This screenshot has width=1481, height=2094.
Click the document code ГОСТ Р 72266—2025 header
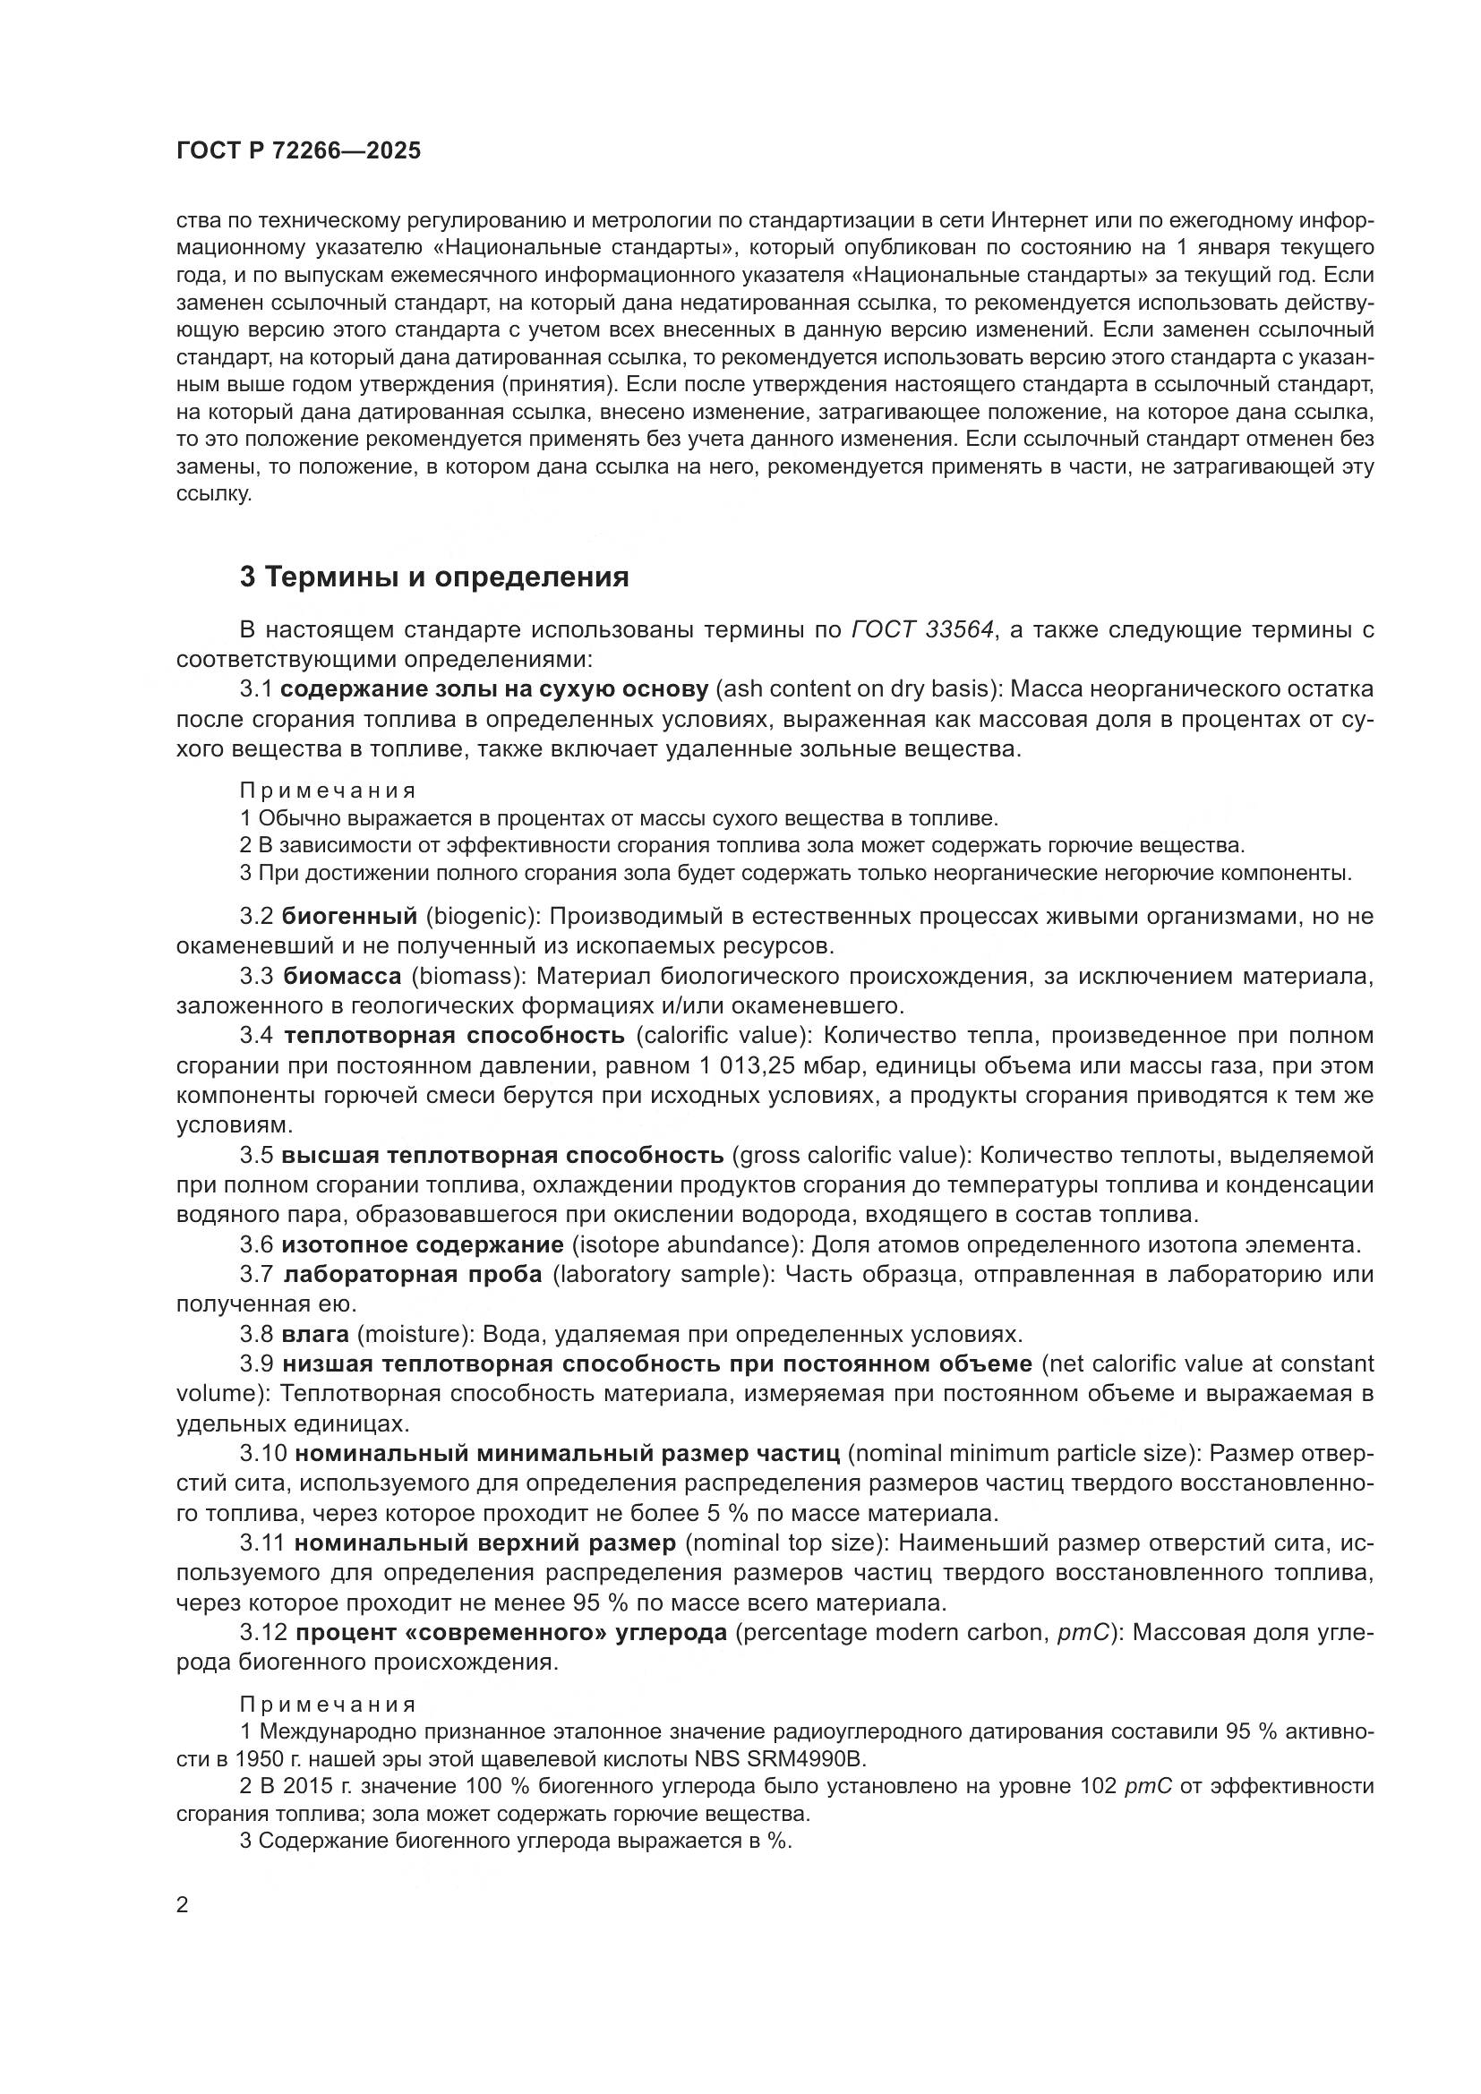pyautogui.click(x=298, y=151)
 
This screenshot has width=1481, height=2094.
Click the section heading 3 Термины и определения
pyautogui.click(x=434, y=577)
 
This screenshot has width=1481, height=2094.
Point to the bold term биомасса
pyautogui.click(x=342, y=976)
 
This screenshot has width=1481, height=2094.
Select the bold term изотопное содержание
pyautogui.click(x=423, y=1245)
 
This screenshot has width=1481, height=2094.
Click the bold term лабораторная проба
pyautogui.click(x=413, y=1274)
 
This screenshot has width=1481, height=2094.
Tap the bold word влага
pyautogui.click(x=315, y=1334)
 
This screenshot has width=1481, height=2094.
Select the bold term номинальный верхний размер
pyautogui.click(x=485, y=1543)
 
